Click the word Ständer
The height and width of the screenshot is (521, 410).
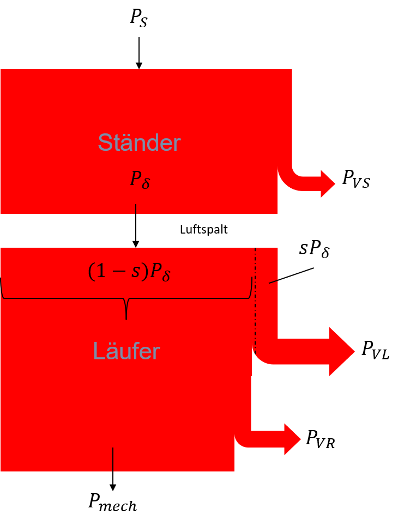pyautogui.click(x=139, y=143)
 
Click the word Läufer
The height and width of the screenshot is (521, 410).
pyautogui.click(x=126, y=351)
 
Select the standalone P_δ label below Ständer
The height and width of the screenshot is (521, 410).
pyautogui.click(x=140, y=179)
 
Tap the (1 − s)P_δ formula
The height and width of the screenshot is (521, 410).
pyautogui.click(x=129, y=272)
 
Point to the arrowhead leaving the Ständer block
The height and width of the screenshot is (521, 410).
pyautogui.click(x=327, y=184)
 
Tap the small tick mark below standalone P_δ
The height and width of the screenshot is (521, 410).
pyautogui.click(x=136, y=209)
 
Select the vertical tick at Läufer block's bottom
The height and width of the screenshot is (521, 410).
pyautogui.click(x=113, y=459)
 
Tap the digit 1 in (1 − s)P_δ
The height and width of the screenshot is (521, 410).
pyautogui.click(x=101, y=272)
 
